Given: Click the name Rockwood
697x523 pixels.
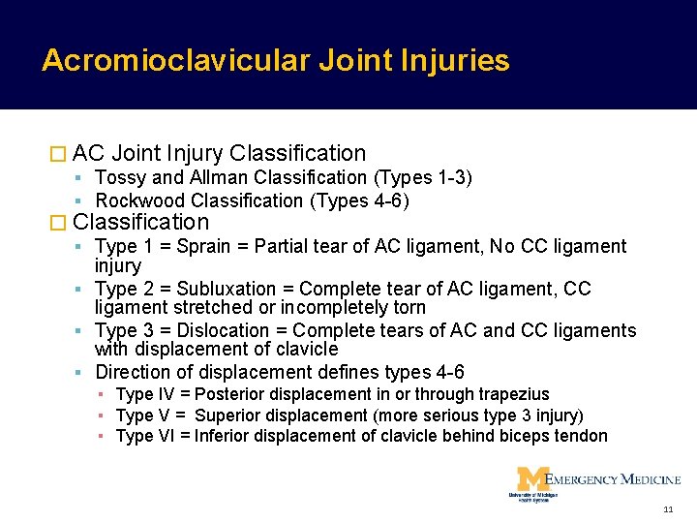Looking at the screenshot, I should [x=141, y=200].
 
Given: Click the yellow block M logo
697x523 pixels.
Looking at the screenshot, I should [x=530, y=479].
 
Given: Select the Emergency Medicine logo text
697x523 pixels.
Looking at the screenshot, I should [x=614, y=479].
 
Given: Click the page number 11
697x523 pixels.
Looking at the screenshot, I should [x=668, y=508].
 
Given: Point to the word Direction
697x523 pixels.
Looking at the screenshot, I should [x=134, y=372].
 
